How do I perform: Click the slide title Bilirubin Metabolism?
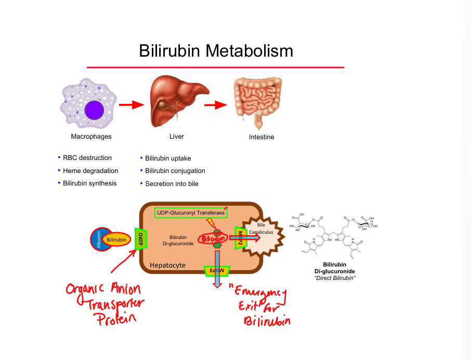coord(216,51)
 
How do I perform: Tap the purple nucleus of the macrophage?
coord(95,110)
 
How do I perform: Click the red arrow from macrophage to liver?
coord(131,105)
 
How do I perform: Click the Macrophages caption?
coord(91,137)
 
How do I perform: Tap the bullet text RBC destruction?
coord(87,158)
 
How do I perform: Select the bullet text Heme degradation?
coord(90,170)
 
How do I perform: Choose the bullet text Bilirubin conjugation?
coord(175,170)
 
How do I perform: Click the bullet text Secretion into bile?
coord(172,183)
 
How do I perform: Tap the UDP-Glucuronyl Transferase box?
coord(191,212)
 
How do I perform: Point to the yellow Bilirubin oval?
coord(116,239)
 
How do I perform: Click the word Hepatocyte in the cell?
coord(167,265)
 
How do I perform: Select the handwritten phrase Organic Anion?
coord(103,289)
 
